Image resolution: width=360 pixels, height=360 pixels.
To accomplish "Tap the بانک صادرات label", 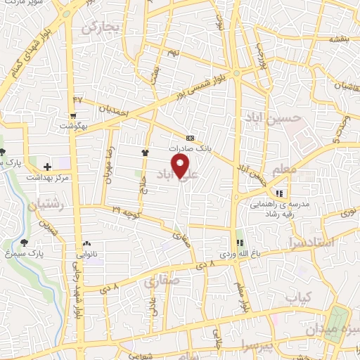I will [191, 149].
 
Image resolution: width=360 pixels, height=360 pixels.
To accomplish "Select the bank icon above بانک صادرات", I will [190, 138].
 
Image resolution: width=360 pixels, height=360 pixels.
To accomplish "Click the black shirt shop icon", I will [145, 152].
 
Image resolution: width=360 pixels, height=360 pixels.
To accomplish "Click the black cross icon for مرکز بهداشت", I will [47, 167].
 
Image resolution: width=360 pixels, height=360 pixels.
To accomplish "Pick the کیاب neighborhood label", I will [299, 298].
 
